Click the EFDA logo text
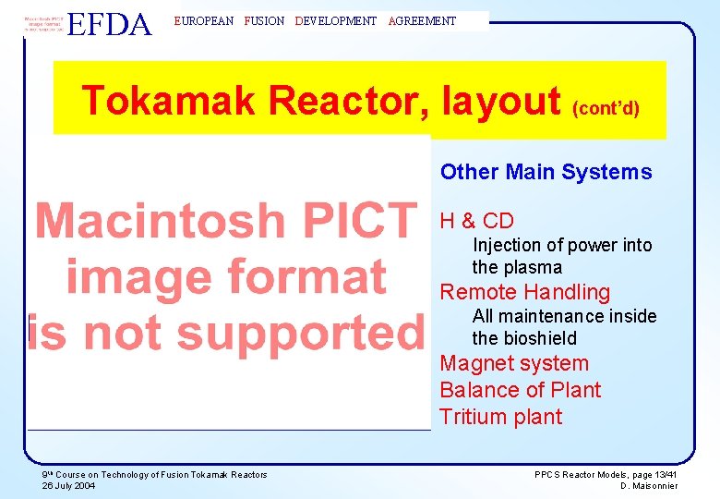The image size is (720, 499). [110, 23]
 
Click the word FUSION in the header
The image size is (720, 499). [264, 21]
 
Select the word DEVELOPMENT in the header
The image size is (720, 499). [336, 21]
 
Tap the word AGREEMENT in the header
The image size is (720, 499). [423, 21]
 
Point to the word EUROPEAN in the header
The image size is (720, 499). [204, 21]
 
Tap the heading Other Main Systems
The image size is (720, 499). [546, 172]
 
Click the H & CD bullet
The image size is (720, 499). [476, 221]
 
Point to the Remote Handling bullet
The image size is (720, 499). [524, 292]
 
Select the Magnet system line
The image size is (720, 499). [513, 363]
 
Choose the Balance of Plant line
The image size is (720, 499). [520, 390]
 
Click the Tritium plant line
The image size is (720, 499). [500, 417]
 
